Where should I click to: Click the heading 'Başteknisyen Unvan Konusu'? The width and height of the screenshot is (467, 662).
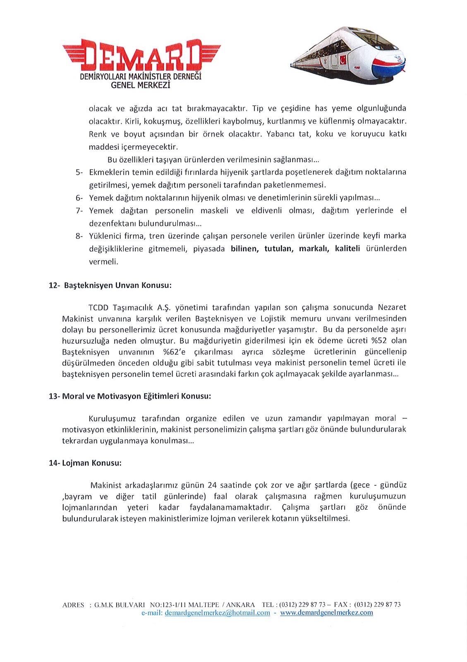coord(117,285)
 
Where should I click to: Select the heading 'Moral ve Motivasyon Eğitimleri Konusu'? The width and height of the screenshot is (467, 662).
coord(137,396)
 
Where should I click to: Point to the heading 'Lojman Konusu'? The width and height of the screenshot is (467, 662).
coord(91,463)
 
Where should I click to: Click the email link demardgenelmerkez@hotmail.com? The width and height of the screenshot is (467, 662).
coord(217,613)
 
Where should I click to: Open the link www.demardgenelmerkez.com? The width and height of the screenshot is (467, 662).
coord(326,613)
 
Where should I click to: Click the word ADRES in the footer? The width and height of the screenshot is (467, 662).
coord(73,605)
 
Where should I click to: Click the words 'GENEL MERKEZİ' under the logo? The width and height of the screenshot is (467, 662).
coord(141,85)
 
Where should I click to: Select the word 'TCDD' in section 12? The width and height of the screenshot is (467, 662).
coord(98,307)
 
